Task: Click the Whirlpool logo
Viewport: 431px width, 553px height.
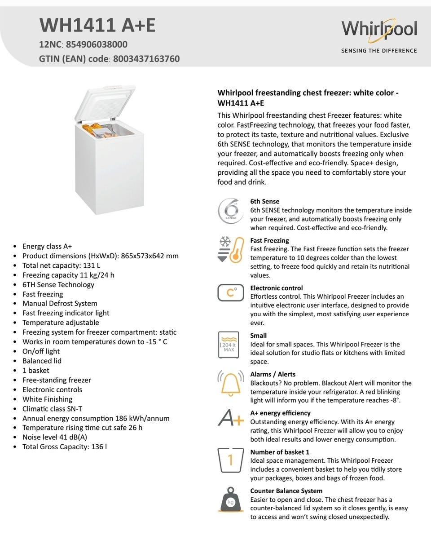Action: [x=379, y=30]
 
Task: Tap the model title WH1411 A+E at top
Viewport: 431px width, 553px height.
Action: [x=97, y=26]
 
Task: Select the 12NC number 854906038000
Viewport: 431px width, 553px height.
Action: [x=97, y=44]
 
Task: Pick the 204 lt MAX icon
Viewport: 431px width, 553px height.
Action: [x=229, y=345]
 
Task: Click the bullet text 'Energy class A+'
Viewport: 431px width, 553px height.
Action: [x=47, y=246]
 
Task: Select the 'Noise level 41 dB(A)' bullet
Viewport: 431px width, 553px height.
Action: [x=55, y=437]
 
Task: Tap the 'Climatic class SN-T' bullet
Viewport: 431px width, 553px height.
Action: [x=52, y=409]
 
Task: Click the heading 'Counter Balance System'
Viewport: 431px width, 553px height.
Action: [x=286, y=491]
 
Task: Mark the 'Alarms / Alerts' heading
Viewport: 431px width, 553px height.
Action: [x=273, y=374]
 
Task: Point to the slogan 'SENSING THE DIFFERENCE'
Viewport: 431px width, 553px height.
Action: [x=379, y=51]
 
